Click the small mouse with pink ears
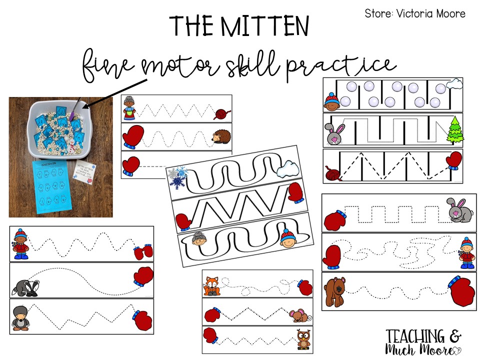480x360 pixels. pos(300,315)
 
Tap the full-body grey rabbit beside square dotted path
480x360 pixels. pos(458,210)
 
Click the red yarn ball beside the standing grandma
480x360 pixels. pos(220,111)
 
